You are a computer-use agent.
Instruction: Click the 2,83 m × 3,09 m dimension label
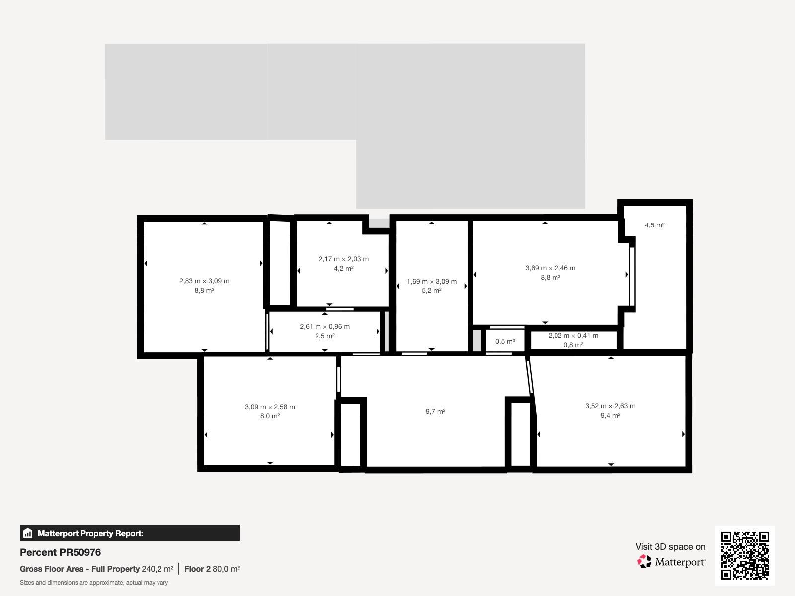tap(204, 281)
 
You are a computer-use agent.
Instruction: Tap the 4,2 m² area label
tap(344, 269)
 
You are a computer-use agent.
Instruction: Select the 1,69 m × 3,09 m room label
tap(432, 281)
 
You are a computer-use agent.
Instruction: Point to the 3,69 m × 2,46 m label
tap(551, 268)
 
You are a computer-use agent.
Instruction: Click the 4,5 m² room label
tap(655, 225)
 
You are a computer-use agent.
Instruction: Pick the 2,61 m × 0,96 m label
tap(325, 326)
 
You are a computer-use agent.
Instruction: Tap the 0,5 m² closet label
tap(505, 341)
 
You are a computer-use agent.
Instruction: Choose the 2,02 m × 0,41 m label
tap(573, 335)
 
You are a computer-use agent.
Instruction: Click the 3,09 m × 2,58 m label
tap(270, 407)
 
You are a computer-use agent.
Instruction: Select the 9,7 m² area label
tap(436, 411)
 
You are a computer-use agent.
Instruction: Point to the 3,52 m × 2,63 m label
tap(610, 406)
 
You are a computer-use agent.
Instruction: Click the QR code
tap(745, 555)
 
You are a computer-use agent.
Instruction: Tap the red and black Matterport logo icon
tap(644, 561)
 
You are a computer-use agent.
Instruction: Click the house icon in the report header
tap(28, 533)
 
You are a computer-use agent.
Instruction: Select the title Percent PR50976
tap(61, 552)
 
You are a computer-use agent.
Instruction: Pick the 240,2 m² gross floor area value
tap(158, 569)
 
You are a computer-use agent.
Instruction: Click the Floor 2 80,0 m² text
tap(212, 569)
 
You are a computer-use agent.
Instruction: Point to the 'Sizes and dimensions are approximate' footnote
tap(94, 583)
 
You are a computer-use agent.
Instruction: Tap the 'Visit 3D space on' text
tap(670, 547)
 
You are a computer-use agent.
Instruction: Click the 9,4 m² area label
tap(610, 415)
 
